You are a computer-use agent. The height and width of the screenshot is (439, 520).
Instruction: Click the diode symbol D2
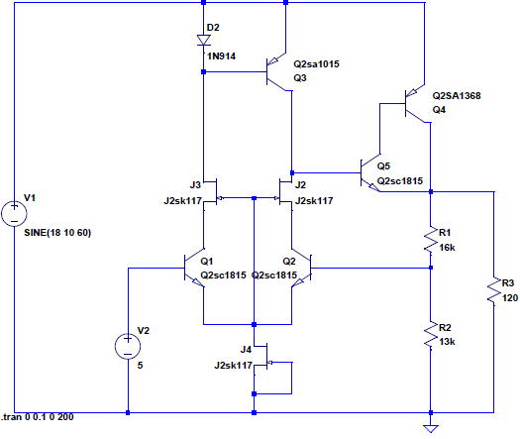pos(204,41)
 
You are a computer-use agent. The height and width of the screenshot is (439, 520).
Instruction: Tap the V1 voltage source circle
pos(14,213)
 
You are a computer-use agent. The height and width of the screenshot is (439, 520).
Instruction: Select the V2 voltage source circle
pos(128,346)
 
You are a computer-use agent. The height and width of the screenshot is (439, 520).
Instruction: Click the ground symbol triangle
pos(431,428)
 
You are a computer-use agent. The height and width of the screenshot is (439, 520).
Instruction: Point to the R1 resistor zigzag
pos(431,240)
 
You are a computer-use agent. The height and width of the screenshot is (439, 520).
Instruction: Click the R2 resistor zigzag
pos(431,336)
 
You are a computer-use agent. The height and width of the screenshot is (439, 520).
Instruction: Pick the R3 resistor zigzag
pos(494,290)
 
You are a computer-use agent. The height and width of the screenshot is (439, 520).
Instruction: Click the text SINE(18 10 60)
pos(57,233)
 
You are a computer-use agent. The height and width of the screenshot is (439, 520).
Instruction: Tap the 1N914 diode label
pos(221,56)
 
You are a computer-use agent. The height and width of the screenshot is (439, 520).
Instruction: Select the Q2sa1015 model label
pos(316,63)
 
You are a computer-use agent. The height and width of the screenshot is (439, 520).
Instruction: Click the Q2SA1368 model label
pos(457,95)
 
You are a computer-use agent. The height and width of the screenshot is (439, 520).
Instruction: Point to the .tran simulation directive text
pos(38,417)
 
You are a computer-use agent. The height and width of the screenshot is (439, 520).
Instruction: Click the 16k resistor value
pos(447,248)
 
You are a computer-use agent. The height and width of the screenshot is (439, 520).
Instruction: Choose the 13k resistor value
pos(447,342)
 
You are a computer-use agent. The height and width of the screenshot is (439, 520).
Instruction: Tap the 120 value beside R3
pos(510,298)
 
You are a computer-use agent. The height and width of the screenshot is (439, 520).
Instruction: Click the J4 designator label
pos(246,349)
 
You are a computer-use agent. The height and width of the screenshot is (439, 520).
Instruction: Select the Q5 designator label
pos(383,165)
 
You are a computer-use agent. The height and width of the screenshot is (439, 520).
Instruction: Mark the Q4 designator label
pos(439,110)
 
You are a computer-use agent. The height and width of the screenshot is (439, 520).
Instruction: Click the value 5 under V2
pos(140,366)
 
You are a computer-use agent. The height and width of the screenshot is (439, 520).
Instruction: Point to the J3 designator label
pos(195,185)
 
